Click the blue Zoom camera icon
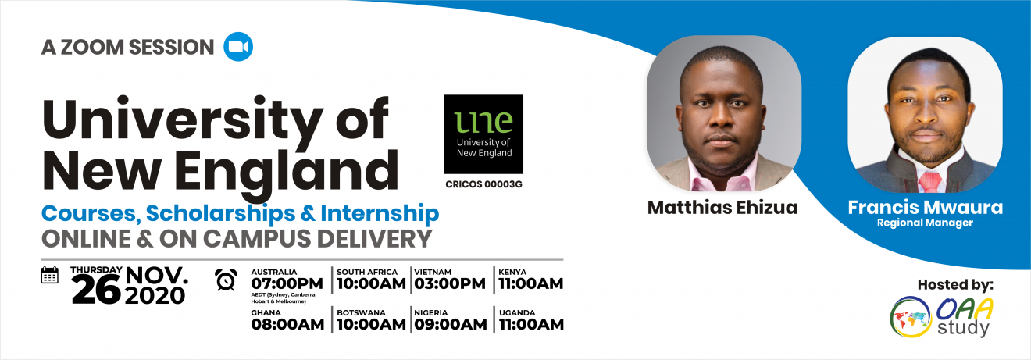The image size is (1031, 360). coord(238,47)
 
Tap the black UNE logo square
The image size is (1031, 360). coord(483,134)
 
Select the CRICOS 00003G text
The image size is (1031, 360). coord(483,184)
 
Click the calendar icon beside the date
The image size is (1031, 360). coord(50,275)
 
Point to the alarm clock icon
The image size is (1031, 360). coord(226,280)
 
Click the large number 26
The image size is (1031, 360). coord(96,291)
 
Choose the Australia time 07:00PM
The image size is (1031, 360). coord(287,283)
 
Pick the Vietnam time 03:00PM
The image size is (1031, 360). coord(450,283)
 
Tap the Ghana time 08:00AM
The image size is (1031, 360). coord(287,324)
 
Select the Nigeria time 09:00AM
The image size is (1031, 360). coord(451,324)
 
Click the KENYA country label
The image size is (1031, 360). coord(512,272)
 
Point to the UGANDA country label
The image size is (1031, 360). coord(517,312)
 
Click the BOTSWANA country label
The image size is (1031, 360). coord(361,312)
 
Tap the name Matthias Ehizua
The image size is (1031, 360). coord(722,208)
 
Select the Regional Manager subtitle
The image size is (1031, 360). coord(925,223)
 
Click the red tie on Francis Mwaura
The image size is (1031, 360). coord(930,182)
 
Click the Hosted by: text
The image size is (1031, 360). coord(955,285)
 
